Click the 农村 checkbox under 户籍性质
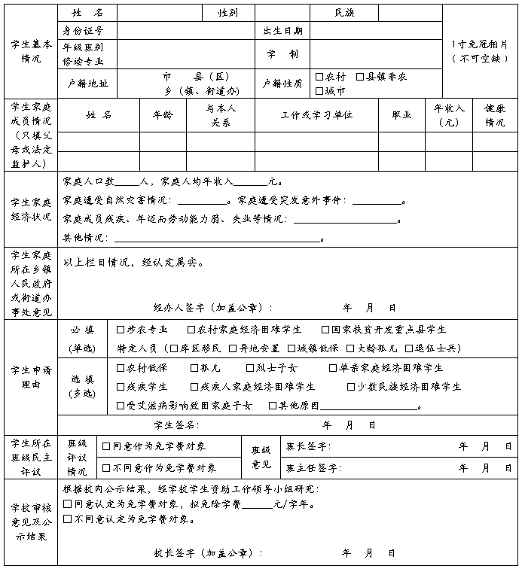pyautogui.click(x=319, y=77)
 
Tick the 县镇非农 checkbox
pyautogui.click(x=360, y=77)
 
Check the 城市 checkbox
pyautogui.click(x=319, y=91)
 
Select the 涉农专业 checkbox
pyautogui.click(x=121, y=330)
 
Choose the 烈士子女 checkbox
pyautogui.click(x=250, y=368)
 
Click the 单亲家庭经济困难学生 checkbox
pyautogui.click(x=333, y=368)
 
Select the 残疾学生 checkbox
pyautogui.click(x=121, y=387)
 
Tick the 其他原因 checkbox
pyautogui.click(x=273, y=406)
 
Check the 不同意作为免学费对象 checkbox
pyautogui.click(x=106, y=467)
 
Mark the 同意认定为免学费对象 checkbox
pyautogui.click(x=68, y=504)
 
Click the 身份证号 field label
pyautogui.click(x=84, y=31)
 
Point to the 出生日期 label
pyautogui.click(x=282, y=31)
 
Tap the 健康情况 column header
pyautogui.click(x=495, y=115)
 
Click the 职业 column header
pyautogui.click(x=401, y=115)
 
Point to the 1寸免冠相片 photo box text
pyautogui.click(x=480, y=51)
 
